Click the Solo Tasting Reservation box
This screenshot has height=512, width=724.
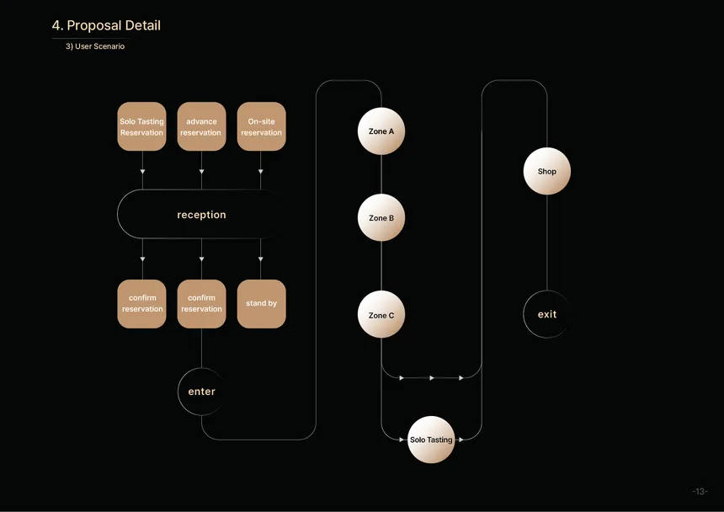click(x=141, y=126)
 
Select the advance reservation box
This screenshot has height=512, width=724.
click(x=201, y=126)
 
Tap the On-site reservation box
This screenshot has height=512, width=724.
click(x=261, y=126)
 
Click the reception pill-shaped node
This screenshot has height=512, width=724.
click(x=201, y=214)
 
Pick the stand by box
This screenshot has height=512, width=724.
click(x=261, y=304)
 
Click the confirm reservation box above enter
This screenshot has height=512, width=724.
click(x=201, y=304)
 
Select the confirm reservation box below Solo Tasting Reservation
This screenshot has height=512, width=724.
click(x=141, y=304)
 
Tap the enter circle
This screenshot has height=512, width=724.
click(x=201, y=392)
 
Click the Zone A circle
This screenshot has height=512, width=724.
click(x=381, y=131)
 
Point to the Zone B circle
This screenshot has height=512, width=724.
click(x=381, y=217)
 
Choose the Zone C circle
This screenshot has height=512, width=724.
click(x=381, y=314)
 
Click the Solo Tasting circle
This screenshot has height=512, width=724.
click(x=431, y=440)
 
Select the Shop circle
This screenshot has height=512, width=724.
click(x=547, y=171)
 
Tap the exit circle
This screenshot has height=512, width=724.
click(x=547, y=314)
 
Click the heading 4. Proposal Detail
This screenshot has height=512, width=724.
click(x=106, y=25)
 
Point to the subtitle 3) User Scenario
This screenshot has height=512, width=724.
click(x=95, y=46)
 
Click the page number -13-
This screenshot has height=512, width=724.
click(x=700, y=491)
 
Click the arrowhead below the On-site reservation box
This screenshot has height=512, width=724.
click(x=260, y=171)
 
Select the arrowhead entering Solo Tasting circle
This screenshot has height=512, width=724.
click(x=402, y=440)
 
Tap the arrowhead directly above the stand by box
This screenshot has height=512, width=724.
click(x=260, y=259)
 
